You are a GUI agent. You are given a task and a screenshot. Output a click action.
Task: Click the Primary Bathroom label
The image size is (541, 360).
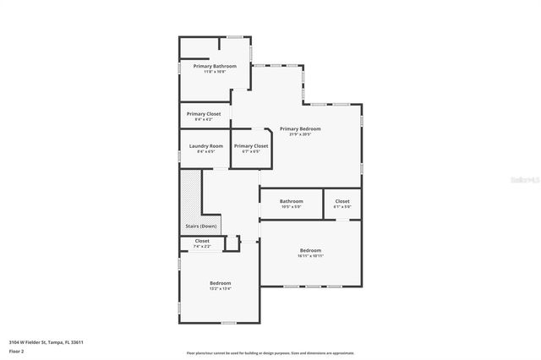(x=215, y=66)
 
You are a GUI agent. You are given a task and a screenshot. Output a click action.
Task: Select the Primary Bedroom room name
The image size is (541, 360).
(x=300, y=128)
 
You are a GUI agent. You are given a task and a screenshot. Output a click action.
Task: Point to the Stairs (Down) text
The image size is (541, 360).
(x=201, y=226)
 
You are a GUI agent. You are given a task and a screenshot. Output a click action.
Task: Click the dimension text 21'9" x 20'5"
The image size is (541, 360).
(x=300, y=134)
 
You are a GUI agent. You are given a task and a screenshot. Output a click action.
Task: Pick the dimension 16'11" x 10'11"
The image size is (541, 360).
(x=310, y=256)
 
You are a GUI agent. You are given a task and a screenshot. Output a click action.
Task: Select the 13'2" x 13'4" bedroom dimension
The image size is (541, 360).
(x=220, y=288)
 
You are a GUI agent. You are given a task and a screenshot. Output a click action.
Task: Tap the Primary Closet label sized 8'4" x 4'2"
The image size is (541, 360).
(x=204, y=114)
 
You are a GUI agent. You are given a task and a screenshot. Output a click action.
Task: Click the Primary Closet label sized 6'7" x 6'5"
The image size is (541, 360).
(x=251, y=146)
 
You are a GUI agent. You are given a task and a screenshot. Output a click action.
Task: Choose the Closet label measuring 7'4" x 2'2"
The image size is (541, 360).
(x=202, y=241)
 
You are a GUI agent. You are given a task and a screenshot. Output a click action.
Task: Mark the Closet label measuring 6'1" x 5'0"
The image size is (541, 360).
(x=342, y=201)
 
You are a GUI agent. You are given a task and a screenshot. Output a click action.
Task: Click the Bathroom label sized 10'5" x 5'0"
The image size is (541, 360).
(x=292, y=201)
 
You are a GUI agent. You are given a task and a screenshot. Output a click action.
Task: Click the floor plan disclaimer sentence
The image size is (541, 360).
(x=270, y=352)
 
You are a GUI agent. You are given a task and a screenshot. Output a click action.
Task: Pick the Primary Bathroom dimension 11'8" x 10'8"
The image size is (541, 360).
(x=215, y=72)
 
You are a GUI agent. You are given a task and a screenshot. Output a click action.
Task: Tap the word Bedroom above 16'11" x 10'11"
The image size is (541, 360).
(x=310, y=250)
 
